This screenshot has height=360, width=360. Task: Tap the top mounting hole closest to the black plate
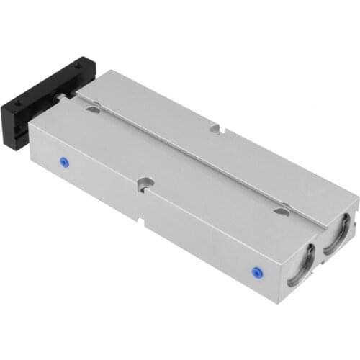click(x=93, y=109)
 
